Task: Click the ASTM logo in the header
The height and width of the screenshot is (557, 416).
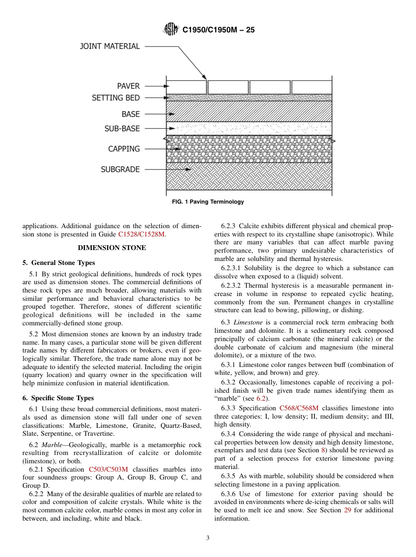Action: click(171, 29)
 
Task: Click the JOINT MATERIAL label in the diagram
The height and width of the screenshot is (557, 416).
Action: click(109, 46)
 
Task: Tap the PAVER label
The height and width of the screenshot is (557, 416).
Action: click(128, 86)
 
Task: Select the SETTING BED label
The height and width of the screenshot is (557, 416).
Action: click(116, 98)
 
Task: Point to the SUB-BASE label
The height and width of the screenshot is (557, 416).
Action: click(122, 129)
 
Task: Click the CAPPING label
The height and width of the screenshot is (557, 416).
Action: click(124, 149)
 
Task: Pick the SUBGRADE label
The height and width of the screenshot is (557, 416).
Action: click(120, 169)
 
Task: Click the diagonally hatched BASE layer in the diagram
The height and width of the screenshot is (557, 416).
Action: click(249, 111)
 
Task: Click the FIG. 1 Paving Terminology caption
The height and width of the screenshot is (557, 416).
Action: click(208, 202)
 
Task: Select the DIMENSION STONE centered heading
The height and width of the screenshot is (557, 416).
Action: click(112, 248)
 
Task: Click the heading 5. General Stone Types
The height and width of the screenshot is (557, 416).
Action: click(59, 263)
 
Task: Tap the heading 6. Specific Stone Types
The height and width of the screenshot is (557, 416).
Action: click(58, 398)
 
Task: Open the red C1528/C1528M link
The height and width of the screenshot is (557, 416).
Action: click(141, 234)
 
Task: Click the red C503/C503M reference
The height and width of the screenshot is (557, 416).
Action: click(108, 469)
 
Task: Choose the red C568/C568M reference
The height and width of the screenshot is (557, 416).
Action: click(299, 408)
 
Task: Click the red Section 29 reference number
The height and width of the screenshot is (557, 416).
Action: click(348, 510)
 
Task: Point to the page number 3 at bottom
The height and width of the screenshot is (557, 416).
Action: click(208, 538)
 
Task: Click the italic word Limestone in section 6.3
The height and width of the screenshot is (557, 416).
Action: click(248, 322)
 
